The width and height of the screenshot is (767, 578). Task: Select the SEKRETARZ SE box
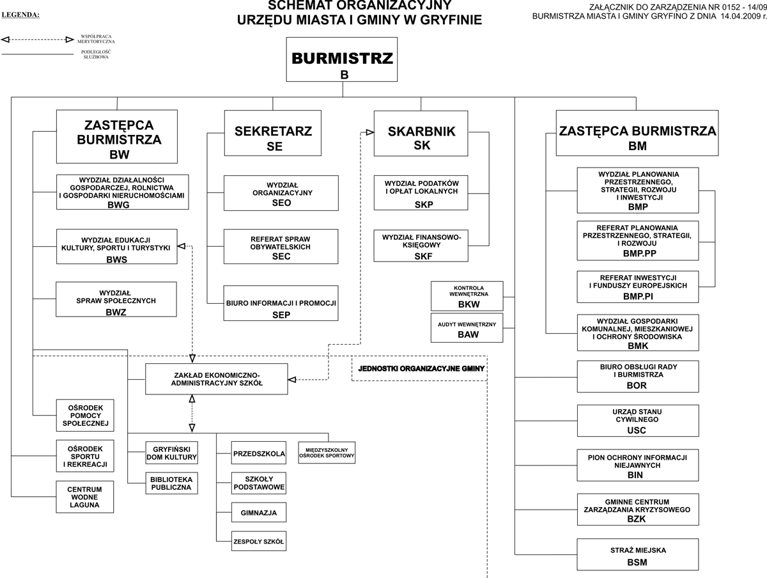273,133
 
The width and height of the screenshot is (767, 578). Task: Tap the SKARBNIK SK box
421,133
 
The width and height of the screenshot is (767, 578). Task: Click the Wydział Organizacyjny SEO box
281,192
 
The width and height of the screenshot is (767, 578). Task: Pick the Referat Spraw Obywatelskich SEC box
281,247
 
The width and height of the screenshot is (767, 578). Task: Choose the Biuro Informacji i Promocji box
281,302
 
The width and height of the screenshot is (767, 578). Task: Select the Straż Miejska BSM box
637,555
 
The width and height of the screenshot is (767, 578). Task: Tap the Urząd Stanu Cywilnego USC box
637,421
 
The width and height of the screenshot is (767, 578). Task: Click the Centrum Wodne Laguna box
84,497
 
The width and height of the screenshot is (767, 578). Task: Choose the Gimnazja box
258,513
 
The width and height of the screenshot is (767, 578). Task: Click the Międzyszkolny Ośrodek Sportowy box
327,453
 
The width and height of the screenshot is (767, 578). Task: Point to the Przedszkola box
258,453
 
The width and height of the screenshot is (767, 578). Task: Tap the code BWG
118,204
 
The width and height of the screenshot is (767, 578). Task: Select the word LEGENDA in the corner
20,14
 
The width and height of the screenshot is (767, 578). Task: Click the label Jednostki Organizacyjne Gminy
421,369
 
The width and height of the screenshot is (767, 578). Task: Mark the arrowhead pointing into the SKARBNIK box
369,133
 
